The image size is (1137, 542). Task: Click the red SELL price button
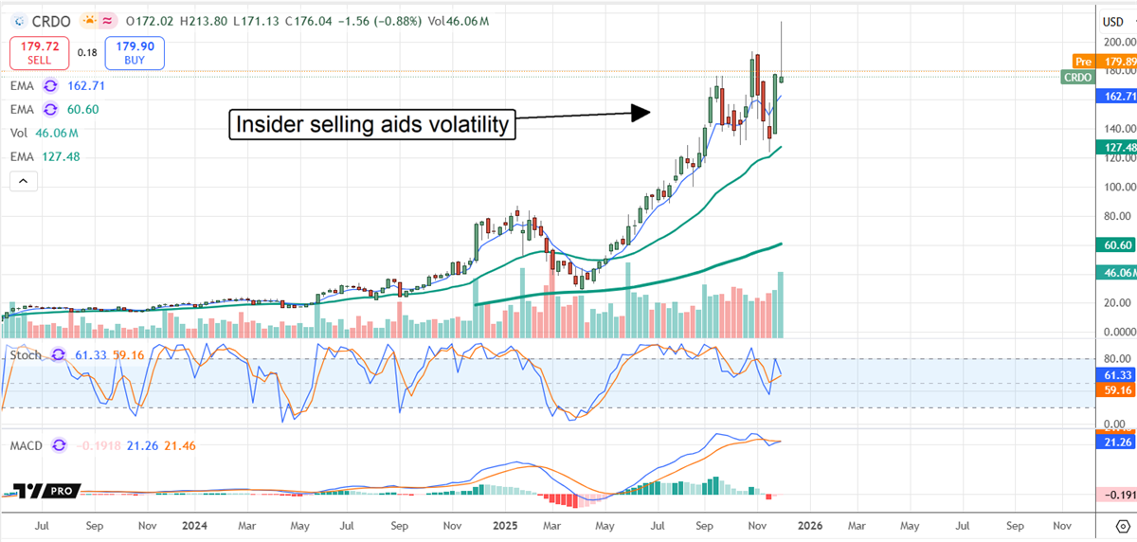coord(40,53)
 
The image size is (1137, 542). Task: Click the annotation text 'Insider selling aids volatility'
coord(372,124)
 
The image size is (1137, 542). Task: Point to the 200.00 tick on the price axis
coord(1119,42)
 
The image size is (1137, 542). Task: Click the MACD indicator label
coord(26,444)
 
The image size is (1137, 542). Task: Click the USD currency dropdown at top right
coord(1117,20)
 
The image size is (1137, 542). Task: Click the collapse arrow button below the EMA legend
coord(24,180)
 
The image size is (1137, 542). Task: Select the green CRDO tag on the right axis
coord(1078,78)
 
